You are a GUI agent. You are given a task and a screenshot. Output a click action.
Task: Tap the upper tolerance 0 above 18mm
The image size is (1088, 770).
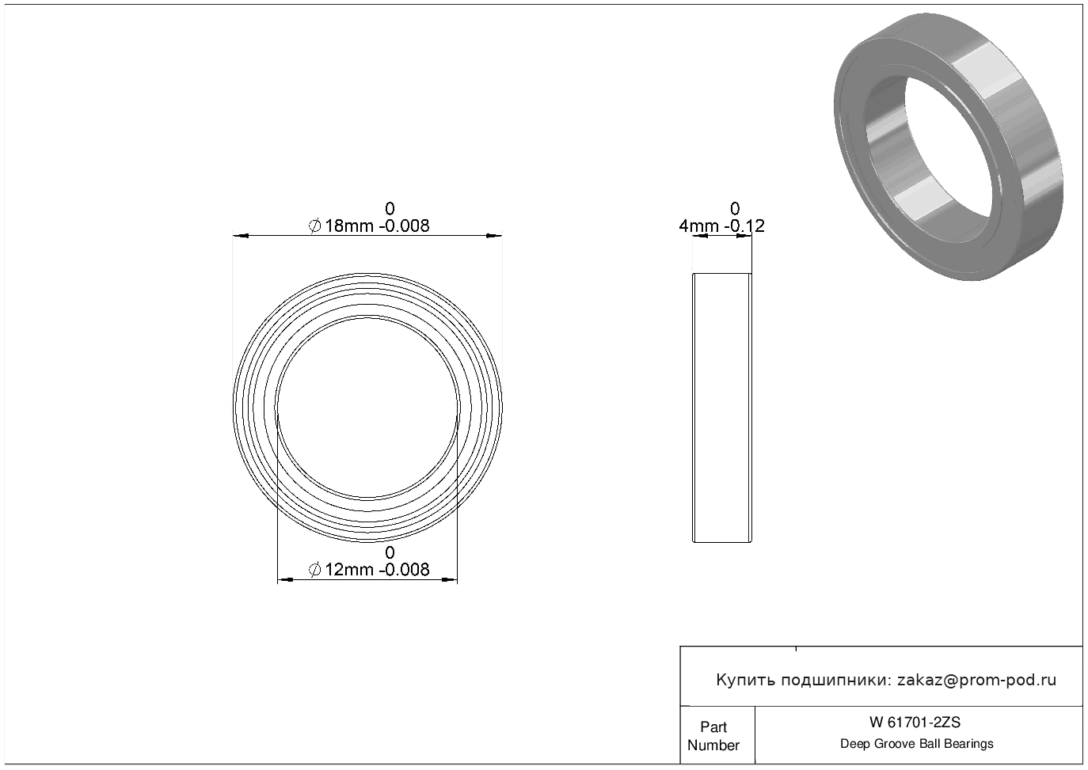[x=390, y=209]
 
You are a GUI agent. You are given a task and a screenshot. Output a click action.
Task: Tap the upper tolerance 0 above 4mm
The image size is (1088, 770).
[x=735, y=209]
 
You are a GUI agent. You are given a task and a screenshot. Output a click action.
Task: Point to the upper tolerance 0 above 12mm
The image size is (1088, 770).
[x=390, y=552]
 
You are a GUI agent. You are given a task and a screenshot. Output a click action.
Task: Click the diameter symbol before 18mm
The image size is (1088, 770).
[x=314, y=226]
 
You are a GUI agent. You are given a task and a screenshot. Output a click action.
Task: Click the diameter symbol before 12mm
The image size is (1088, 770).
[x=314, y=570]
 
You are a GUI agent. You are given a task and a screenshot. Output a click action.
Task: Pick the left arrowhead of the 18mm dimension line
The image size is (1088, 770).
[x=241, y=236]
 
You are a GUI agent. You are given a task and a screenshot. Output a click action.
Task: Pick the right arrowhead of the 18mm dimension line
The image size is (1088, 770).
[x=494, y=236]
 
